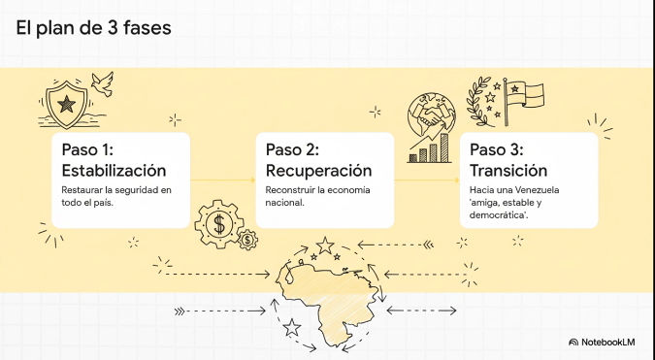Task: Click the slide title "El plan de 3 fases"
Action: click(x=93, y=28)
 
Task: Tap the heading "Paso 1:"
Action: click(x=87, y=150)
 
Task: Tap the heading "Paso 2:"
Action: click(x=292, y=150)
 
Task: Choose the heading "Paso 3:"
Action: click(x=496, y=150)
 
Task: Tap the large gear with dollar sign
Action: click(x=219, y=224)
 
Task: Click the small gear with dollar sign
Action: click(x=248, y=237)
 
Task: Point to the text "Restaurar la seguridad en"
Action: click(x=115, y=189)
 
